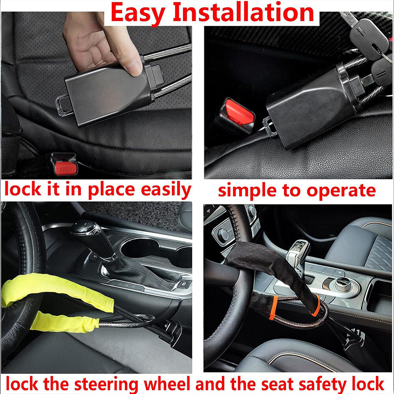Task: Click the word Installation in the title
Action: pos(243,13)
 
